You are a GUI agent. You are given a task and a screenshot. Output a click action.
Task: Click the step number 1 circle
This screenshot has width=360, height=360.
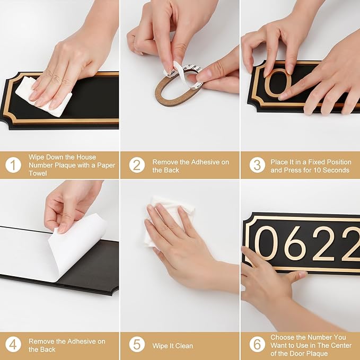13,165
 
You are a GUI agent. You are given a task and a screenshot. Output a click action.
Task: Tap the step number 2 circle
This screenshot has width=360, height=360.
137,165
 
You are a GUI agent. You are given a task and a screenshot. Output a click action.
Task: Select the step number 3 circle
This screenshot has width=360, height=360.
257,165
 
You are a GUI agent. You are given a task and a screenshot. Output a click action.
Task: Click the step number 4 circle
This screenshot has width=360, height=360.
13,345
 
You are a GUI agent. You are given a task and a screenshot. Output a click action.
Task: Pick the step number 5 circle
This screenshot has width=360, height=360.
137,345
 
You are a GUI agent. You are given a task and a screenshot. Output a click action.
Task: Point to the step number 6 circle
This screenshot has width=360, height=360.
257,345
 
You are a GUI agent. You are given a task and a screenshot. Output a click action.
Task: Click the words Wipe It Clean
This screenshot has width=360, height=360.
172,346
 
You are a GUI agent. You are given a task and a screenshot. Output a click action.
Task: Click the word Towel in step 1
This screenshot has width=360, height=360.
39,173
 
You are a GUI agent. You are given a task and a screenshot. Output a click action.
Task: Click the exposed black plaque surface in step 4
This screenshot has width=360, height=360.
95,265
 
